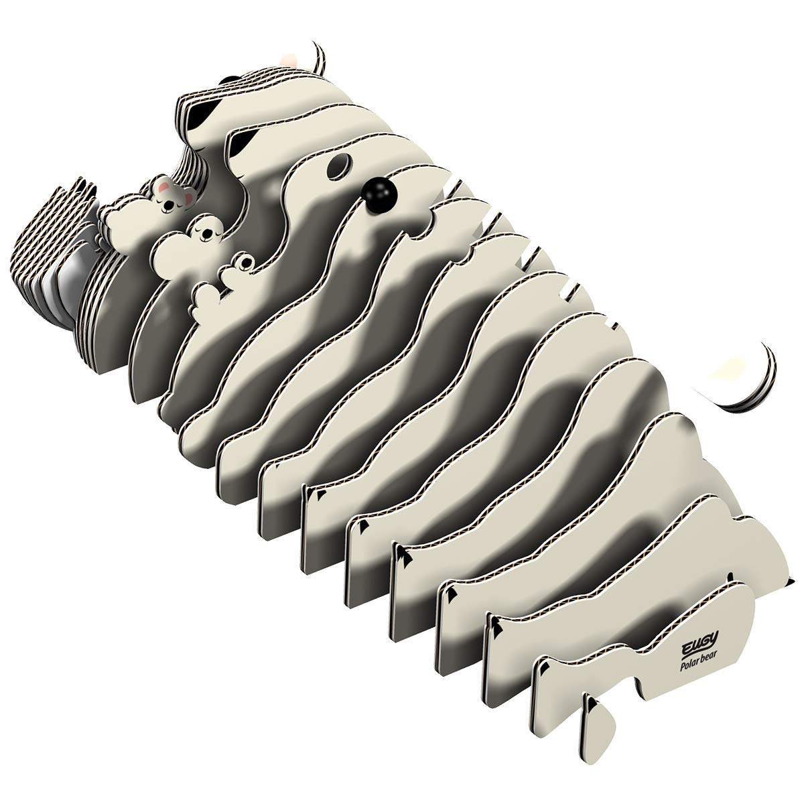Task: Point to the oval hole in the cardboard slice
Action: [x=340, y=167]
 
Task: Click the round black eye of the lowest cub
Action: [x=247, y=263]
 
